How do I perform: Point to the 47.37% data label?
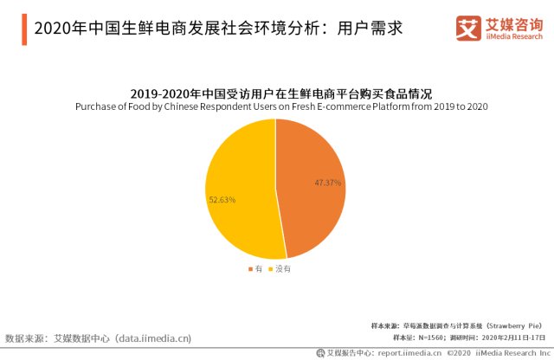[328, 183]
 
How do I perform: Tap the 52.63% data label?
[222, 200]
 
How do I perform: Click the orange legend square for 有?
[250, 270]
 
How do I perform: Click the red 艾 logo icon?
[467, 29]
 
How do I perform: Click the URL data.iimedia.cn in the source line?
[153, 337]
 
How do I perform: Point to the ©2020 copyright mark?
[461, 353]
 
